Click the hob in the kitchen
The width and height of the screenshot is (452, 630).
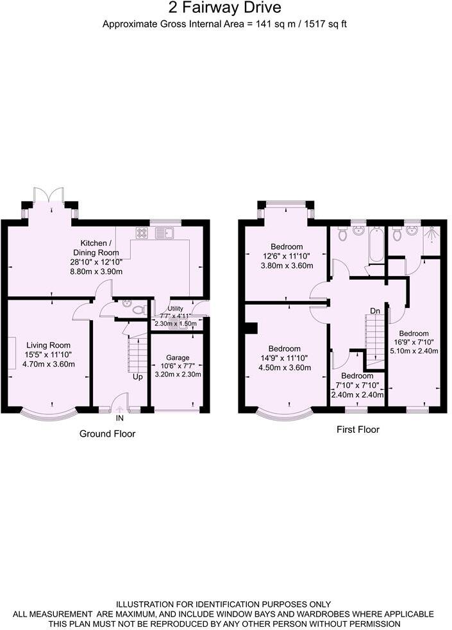tap(142, 234)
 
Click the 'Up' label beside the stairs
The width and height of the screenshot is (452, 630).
tap(138, 376)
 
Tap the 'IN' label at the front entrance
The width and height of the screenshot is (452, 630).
tap(120, 418)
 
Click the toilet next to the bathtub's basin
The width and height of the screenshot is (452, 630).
tap(342, 235)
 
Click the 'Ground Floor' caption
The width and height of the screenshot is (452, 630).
tap(107, 434)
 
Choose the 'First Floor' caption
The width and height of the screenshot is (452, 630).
tap(358, 430)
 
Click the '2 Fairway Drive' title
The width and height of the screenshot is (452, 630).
tap(224, 8)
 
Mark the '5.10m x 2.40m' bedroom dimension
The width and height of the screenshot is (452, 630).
tap(418, 351)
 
